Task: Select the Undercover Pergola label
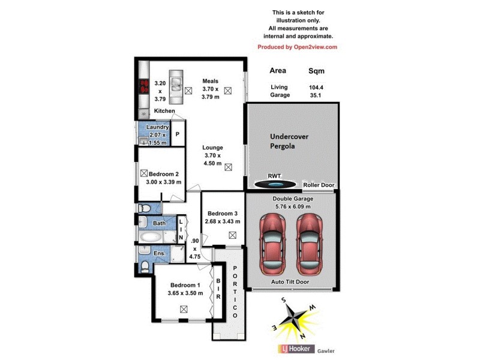(289, 141)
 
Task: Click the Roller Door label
(319, 185)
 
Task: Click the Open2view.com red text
(297, 47)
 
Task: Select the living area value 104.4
(316, 87)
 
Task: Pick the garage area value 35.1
(316, 95)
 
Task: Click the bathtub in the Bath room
(152, 236)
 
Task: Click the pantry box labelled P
(178, 135)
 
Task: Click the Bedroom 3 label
(224, 217)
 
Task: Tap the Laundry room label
(157, 127)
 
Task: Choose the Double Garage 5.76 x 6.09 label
(291, 202)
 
